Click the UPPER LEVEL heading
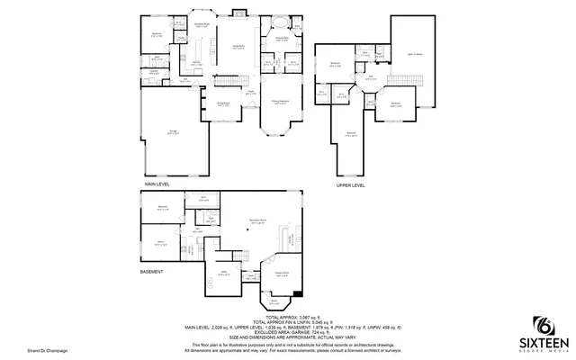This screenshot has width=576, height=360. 351,184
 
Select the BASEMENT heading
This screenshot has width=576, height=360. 151,271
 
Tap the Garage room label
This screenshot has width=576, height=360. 173,132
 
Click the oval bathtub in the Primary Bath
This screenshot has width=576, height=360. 281,22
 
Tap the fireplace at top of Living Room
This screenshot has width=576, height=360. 239,13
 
